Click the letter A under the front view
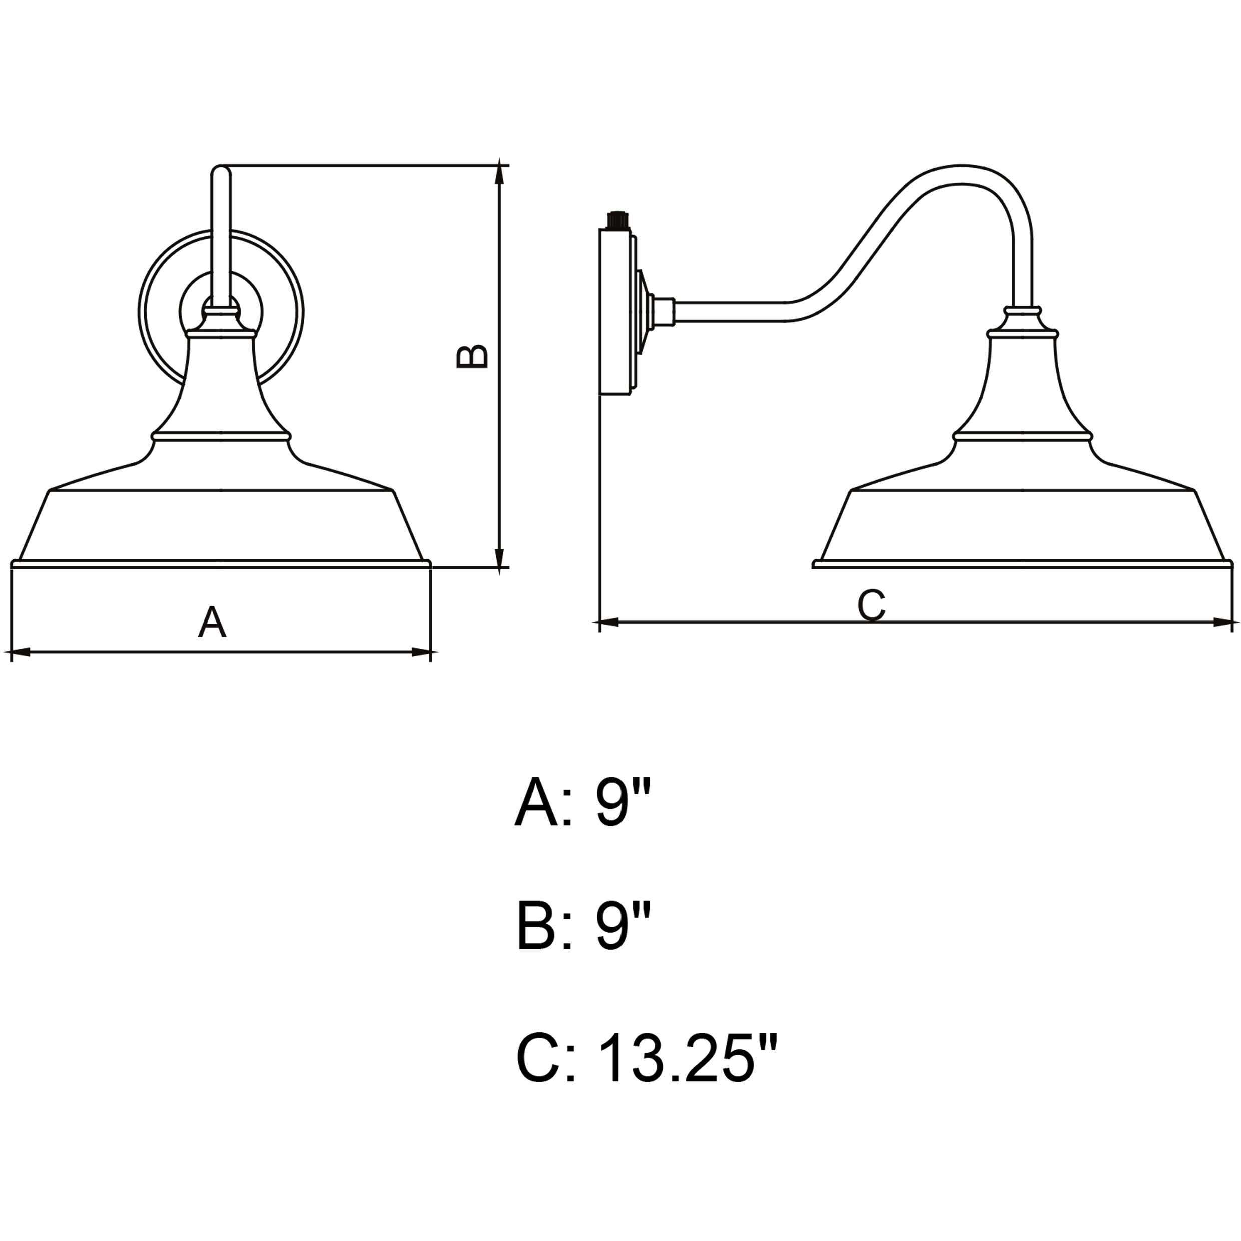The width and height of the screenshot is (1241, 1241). tap(212, 622)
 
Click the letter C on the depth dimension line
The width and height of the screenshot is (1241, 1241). tap(872, 605)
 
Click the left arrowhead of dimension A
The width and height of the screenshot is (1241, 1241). tap(21, 653)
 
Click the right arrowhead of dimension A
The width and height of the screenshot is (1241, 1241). tap(421, 653)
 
